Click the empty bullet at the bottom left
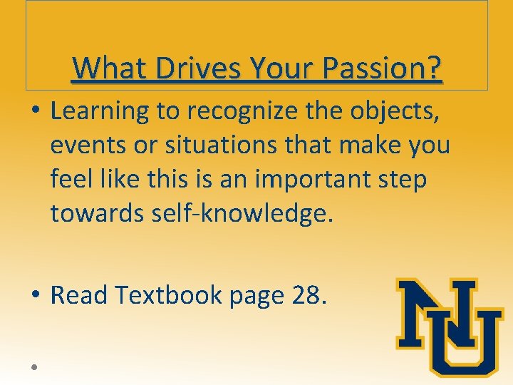click(34, 366)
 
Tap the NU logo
click(450, 327)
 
